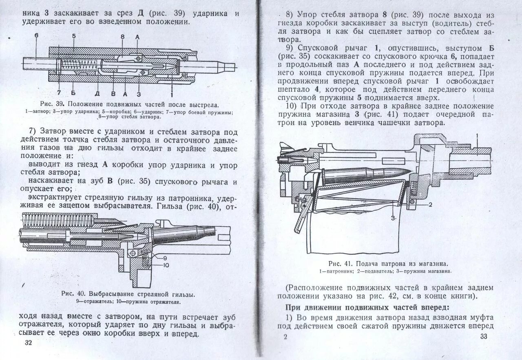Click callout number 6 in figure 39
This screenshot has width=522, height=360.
[x=36, y=35]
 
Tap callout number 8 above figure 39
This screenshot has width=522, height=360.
[x=122, y=37]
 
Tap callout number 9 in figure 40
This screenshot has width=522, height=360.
[x=165, y=258]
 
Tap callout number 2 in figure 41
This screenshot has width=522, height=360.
[x=430, y=203]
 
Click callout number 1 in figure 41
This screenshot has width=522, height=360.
[x=477, y=135]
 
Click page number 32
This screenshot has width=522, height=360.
[x=28, y=342]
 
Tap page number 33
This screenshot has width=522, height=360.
[x=484, y=336]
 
